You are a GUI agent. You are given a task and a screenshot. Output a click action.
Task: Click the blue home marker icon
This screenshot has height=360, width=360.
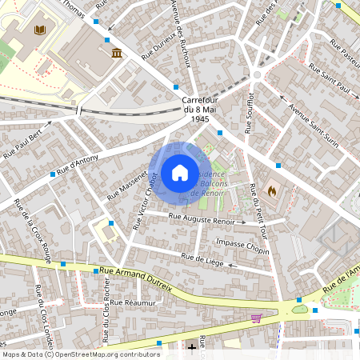[180, 172]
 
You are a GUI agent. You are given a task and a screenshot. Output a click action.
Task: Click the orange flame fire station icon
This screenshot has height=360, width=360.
[273, 192]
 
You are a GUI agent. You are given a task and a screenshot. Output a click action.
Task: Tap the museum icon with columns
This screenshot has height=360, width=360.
[118, 53]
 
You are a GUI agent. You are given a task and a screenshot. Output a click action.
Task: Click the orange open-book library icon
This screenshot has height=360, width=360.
[41, 30]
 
